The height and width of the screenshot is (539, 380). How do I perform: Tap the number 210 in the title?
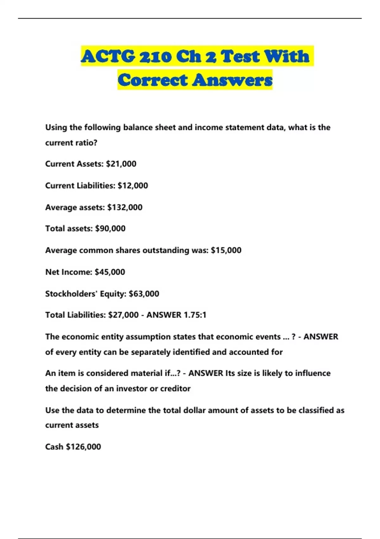point(155,56)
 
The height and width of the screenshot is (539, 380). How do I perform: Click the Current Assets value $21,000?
point(121,164)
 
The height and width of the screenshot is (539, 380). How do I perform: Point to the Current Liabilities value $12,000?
point(133,185)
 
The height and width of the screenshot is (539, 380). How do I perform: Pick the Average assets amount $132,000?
point(125,207)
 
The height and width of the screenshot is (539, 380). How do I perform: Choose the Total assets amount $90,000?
point(110,229)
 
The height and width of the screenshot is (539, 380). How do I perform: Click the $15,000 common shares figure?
point(226,250)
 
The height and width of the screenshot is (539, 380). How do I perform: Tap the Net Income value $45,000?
point(110,272)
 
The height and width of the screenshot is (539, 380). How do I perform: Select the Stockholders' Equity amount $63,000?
point(144,294)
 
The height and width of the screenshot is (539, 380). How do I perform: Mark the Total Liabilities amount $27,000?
point(123,315)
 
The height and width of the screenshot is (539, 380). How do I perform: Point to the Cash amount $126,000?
point(83,447)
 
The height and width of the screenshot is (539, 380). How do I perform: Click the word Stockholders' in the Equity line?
point(71,294)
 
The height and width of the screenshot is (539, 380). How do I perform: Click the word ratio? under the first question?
point(86,143)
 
